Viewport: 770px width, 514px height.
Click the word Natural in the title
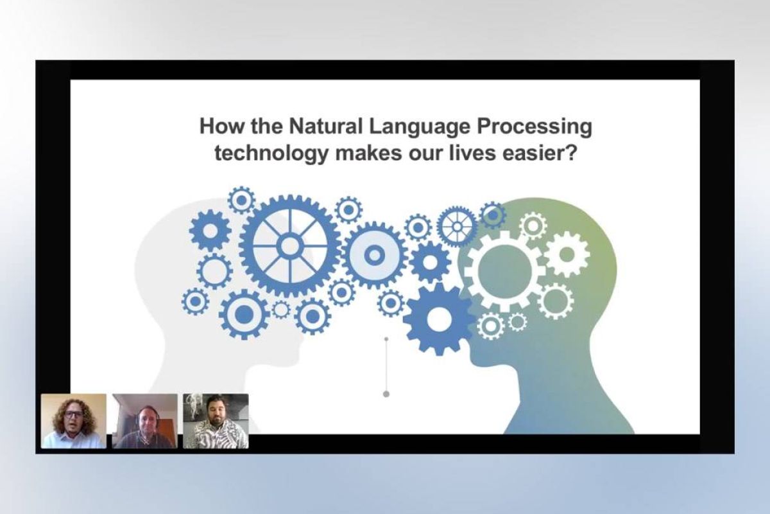pos(325,127)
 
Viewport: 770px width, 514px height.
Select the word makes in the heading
pos(368,153)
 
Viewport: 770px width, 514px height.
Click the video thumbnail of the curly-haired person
pos(74,421)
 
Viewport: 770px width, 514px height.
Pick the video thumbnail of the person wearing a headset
pos(145,421)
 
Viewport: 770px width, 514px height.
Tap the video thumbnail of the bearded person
pos(216,421)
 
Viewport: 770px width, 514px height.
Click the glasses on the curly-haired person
pos(73,414)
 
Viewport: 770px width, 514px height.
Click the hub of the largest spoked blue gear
pos(290,246)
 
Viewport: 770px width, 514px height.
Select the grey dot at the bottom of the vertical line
pos(386,394)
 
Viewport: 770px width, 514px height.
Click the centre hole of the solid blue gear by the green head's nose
pos(439,319)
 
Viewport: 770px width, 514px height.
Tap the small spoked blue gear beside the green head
pos(457,227)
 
